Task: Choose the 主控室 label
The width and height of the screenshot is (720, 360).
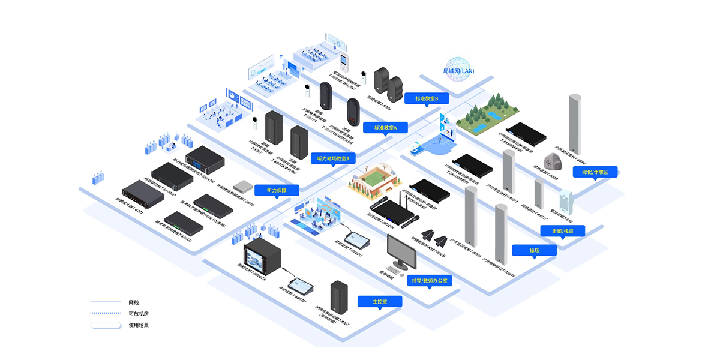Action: [x=379, y=301]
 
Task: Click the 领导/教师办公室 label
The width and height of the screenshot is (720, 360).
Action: [x=429, y=280]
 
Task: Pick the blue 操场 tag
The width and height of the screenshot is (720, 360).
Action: [x=534, y=250]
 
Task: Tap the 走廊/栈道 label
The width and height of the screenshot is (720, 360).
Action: [x=563, y=230]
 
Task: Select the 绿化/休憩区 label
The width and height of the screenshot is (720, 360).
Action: [x=595, y=172]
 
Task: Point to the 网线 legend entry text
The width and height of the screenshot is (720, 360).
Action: [x=134, y=302]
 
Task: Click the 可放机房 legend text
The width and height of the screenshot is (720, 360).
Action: [x=137, y=313]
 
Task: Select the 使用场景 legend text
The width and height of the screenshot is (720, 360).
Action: [x=139, y=325]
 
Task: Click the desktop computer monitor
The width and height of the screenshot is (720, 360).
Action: [x=401, y=251]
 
